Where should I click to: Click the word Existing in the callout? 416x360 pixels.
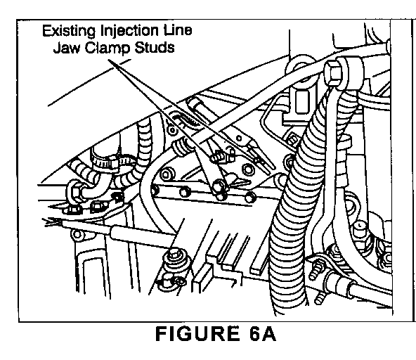click(69, 31)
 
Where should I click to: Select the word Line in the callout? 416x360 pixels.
click(177, 30)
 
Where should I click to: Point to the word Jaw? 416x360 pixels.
click(66, 48)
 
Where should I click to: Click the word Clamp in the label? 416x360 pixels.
click(108, 49)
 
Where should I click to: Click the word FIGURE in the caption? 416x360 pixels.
click(197, 333)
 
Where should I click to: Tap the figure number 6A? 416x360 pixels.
click(263, 333)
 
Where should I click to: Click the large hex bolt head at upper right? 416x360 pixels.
click(333, 72)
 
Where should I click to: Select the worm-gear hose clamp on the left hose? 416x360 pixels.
click(112, 162)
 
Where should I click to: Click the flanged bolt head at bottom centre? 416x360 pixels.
click(174, 257)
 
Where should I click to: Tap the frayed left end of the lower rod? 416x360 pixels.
click(52, 222)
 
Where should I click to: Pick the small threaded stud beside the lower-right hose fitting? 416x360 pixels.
click(318, 268)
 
